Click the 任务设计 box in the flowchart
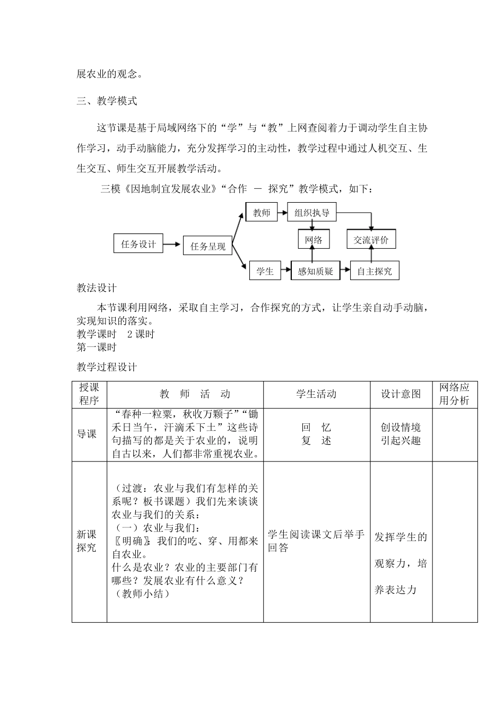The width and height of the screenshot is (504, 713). pyautogui.click(x=138, y=244)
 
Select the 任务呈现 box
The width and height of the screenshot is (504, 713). pyautogui.click(x=207, y=246)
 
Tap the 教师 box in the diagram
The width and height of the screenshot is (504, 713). pyautogui.click(x=262, y=213)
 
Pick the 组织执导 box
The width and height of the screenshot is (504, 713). pyautogui.click(x=312, y=213)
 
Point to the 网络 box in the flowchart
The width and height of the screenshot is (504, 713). pyautogui.click(x=314, y=240)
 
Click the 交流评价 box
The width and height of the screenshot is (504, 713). pyautogui.click(x=371, y=240)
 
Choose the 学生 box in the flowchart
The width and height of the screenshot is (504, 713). pyautogui.click(x=265, y=271)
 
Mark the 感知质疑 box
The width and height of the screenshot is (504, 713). pyautogui.click(x=315, y=271)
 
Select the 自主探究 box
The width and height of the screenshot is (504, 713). pyautogui.click(x=374, y=271)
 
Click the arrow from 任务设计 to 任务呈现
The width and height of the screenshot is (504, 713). pyautogui.click(x=172, y=244)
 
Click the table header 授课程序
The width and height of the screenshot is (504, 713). pyautogui.click(x=89, y=394)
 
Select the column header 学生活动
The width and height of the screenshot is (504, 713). pyautogui.click(x=316, y=394)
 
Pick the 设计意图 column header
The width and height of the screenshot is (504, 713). pyautogui.click(x=401, y=394)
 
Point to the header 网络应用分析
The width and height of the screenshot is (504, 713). pyautogui.click(x=454, y=394)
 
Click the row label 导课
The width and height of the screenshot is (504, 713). pyautogui.click(x=87, y=434)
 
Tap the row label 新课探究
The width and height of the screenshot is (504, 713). pyautogui.click(x=87, y=541)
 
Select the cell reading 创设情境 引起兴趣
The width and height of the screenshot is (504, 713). pyautogui.click(x=401, y=434)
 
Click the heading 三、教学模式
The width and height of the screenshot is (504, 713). pyautogui.click(x=107, y=101)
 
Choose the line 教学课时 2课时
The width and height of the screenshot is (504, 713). pyautogui.click(x=115, y=334)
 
